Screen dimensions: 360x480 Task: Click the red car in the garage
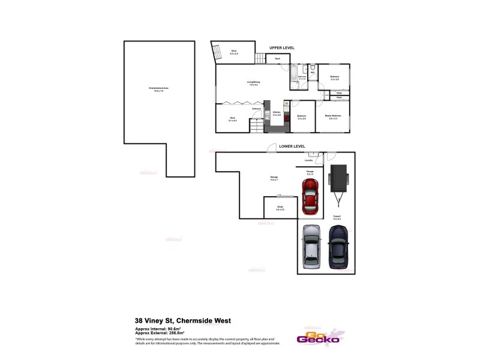tap(310, 197)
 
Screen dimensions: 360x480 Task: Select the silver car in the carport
tap(313, 247)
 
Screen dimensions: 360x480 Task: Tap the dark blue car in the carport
tap(339, 246)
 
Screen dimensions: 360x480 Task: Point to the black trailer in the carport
tap(338, 182)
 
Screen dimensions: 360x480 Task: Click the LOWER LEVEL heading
tap(292, 146)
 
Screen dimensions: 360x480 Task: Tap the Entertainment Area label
tap(158, 89)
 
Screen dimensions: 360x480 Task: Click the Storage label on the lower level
tap(274, 178)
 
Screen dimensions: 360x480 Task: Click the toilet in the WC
tap(314, 68)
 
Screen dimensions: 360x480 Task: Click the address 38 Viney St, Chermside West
tap(183, 320)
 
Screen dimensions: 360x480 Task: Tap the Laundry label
tap(310, 160)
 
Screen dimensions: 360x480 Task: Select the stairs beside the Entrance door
tap(256, 125)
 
